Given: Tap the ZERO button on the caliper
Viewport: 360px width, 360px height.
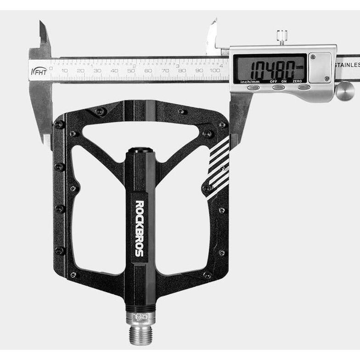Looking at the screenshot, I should [x=303, y=86].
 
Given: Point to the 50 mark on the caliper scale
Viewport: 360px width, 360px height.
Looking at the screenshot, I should [x=131, y=71].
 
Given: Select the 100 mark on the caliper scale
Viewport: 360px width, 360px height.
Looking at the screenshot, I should [x=214, y=71].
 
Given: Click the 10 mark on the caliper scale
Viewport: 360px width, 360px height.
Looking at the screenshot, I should [x=64, y=71].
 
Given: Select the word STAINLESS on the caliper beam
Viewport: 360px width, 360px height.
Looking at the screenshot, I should [x=347, y=65].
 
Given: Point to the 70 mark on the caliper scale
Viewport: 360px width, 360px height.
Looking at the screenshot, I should [x=165, y=71].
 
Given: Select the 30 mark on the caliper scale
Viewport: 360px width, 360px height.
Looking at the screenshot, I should [x=97, y=71].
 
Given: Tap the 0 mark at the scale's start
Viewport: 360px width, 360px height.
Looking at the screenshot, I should [x=51, y=68].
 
